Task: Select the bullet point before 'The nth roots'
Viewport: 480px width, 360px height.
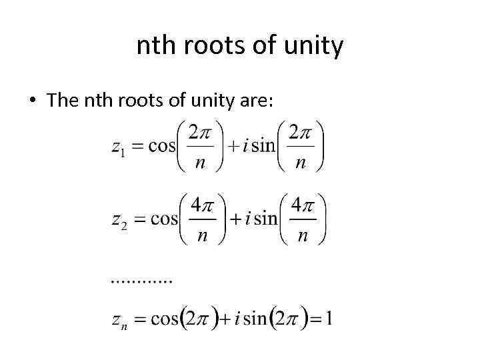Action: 32,101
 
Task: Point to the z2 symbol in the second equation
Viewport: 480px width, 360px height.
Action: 119,221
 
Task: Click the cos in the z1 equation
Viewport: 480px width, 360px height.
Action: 161,146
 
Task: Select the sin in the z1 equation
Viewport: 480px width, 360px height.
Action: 264,146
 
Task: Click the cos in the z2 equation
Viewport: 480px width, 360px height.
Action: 164,219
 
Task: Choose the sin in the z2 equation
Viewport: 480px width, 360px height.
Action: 266,219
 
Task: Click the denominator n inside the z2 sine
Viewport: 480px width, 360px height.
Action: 303,235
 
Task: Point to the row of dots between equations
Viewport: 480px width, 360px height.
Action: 141,281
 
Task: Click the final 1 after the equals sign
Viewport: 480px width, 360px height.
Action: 329,318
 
